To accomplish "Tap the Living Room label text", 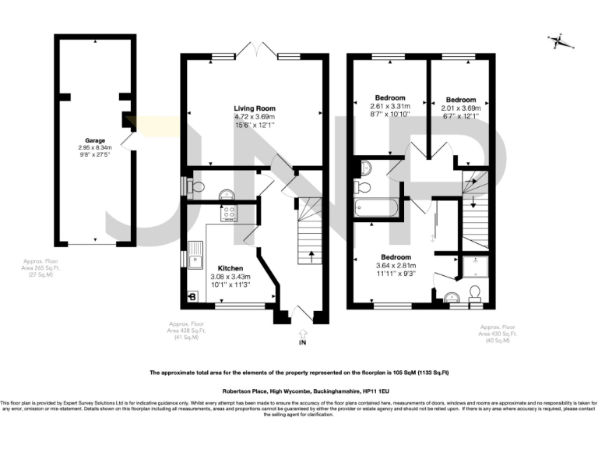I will [255, 108].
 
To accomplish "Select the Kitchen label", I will [230, 268].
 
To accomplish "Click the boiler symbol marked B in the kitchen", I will [192, 297].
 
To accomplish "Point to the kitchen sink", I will [196, 255].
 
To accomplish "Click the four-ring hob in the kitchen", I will [230, 213].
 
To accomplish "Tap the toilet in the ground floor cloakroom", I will [196, 186].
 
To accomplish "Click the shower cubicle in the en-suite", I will [473, 267].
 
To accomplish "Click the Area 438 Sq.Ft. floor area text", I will [185, 331].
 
